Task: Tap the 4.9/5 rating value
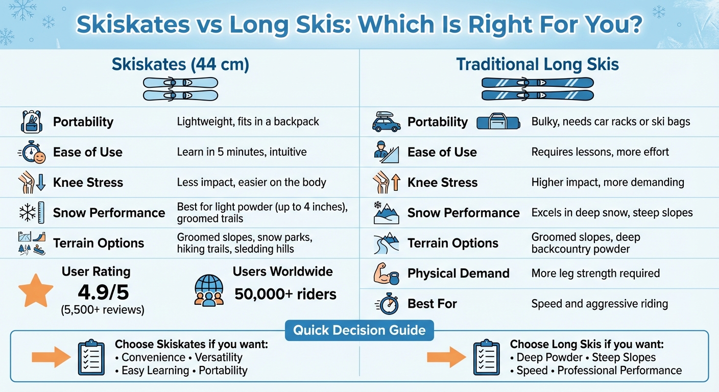pos(103,292)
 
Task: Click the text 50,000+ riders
pos(285,294)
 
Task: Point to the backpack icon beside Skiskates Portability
pos(31,122)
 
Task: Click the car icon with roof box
pos(386,122)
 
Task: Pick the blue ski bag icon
pos(498,122)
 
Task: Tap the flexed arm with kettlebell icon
pos(387,274)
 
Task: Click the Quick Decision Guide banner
pos(359,330)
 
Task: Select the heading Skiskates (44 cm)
pos(180,65)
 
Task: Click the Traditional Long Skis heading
pos(537,65)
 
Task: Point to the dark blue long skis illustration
pos(537,89)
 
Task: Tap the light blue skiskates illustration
pos(180,89)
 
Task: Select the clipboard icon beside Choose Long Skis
pos(487,357)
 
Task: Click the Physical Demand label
pos(458,274)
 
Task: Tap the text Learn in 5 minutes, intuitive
pos(242,152)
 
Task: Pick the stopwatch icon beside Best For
pos(387,304)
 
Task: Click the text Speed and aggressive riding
pos(600,304)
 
